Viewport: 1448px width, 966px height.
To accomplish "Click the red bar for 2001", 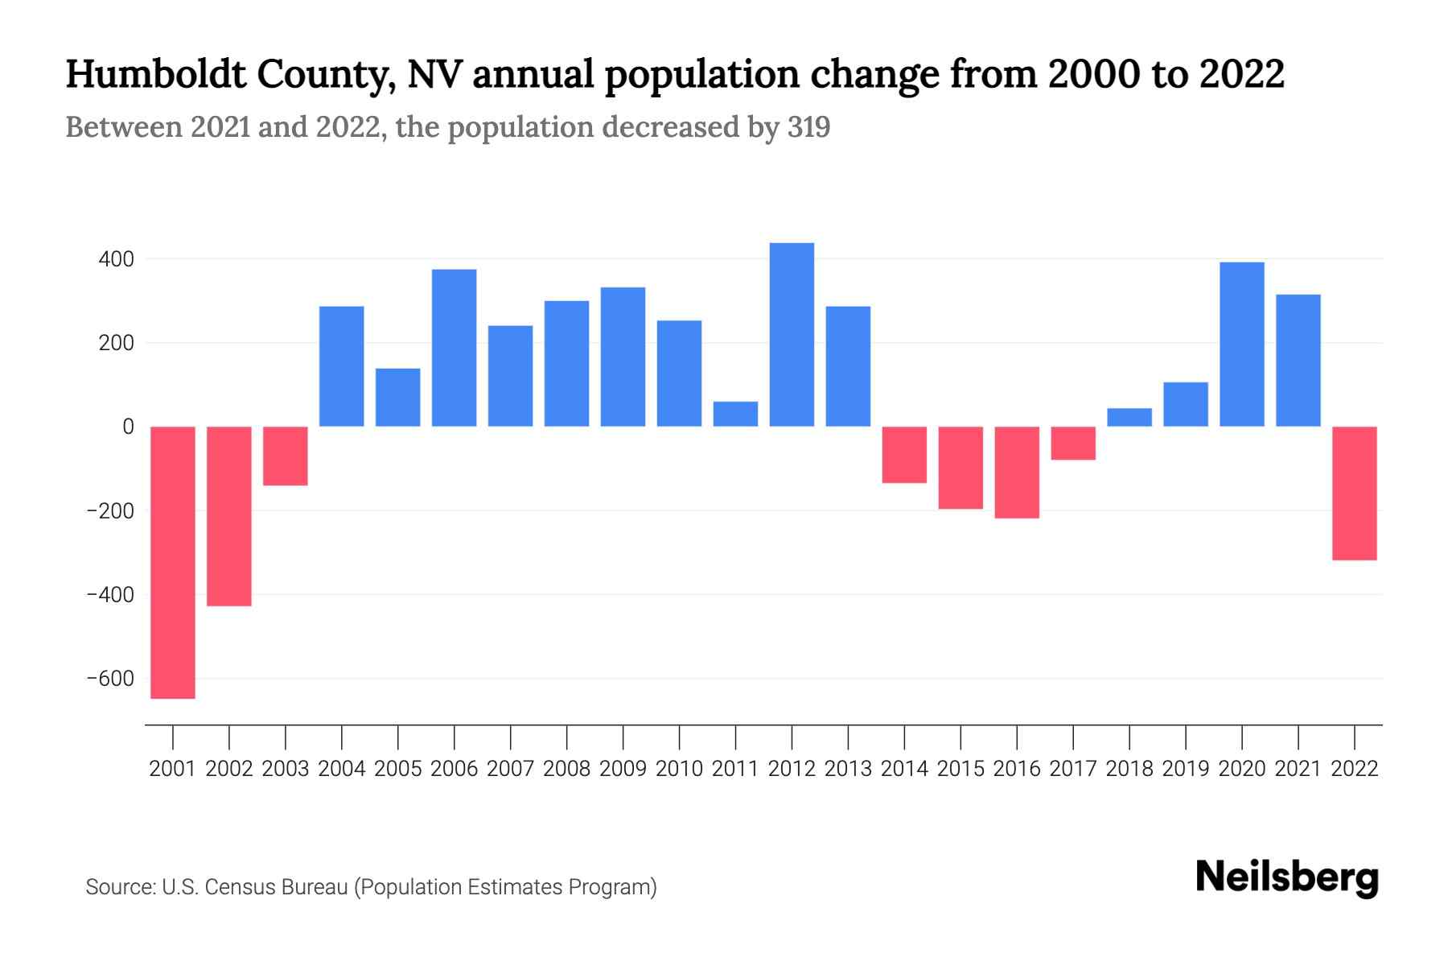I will point(173,562).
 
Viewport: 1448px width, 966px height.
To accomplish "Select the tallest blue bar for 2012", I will point(792,334).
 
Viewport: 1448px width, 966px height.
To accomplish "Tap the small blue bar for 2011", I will point(735,414).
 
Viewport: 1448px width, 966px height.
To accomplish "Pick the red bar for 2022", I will point(1354,493).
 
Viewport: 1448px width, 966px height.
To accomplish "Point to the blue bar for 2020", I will point(1241,345).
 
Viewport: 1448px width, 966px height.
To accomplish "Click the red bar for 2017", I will point(1073,443).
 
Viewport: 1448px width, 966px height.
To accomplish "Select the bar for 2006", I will point(454,348).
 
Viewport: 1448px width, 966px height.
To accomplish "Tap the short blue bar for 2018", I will point(1129,417).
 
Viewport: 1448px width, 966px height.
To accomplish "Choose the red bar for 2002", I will point(229,515).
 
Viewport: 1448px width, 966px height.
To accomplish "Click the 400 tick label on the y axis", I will point(117,259).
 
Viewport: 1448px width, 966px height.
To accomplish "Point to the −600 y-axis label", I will point(110,679).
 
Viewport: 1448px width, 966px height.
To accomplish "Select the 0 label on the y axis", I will point(128,427).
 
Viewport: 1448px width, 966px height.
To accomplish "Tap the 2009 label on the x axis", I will point(623,769).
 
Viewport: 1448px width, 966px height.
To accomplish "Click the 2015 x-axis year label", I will point(961,769).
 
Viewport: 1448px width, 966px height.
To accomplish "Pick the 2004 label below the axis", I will point(342,769).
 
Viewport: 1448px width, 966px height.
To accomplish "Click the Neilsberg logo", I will point(1286,877).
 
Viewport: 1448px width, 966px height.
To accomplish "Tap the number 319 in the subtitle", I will point(808,127).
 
